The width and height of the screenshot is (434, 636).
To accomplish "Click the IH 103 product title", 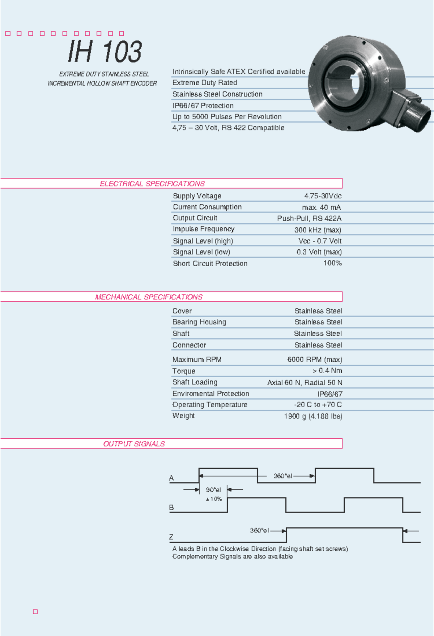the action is pos(105,51).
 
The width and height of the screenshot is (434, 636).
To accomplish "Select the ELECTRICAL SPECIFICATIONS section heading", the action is pos(152,184).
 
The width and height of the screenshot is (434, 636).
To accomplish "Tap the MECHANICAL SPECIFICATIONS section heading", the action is pos(149,297).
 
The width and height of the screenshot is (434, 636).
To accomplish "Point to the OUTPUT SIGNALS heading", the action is pos(134,444).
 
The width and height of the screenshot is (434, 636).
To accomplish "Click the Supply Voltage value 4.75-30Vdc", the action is pos(323,196).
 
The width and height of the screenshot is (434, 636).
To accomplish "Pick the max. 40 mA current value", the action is pos(321,207).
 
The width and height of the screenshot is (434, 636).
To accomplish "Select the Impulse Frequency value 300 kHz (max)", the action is pos(318,230).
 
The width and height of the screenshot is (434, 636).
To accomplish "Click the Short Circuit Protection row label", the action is pos(210,263).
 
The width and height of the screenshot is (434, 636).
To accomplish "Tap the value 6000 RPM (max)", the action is pos(315,360).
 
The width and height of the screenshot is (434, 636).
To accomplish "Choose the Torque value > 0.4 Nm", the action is pos(327,371).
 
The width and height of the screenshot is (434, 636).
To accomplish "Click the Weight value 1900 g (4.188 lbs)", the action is pos(313,416).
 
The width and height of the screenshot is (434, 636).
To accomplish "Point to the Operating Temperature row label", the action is pos(210,405).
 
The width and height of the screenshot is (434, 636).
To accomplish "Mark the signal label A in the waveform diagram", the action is pos(171,478).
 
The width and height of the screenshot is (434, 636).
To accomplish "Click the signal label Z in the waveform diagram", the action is pos(171,537).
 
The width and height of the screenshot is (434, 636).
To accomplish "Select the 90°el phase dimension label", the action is pos(213,490).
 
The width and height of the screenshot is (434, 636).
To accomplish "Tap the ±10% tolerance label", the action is pos(214,499).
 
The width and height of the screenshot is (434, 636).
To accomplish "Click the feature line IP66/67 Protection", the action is pos(203,106).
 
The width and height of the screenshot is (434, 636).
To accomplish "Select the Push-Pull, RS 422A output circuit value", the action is pos(309,218).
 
